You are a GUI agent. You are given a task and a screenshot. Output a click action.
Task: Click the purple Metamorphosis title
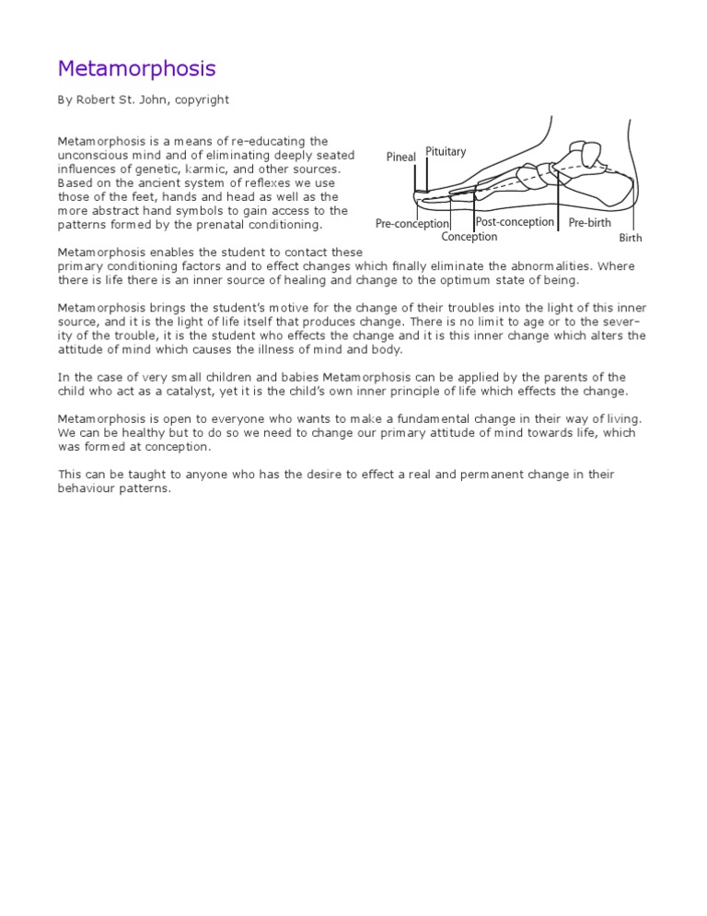pos(136,69)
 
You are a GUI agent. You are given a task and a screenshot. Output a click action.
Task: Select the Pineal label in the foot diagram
pos(400,158)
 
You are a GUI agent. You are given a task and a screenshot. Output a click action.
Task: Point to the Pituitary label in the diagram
pos(446,152)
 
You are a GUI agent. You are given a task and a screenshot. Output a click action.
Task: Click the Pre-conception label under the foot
pos(412,224)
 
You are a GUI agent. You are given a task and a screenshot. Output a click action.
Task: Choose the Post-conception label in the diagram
pos(515,222)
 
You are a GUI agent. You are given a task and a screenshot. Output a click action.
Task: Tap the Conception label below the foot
pos(469,237)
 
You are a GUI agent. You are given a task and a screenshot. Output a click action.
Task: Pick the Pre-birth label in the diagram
pos(589,223)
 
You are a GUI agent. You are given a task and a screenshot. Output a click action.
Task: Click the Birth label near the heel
pos(631,238)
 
